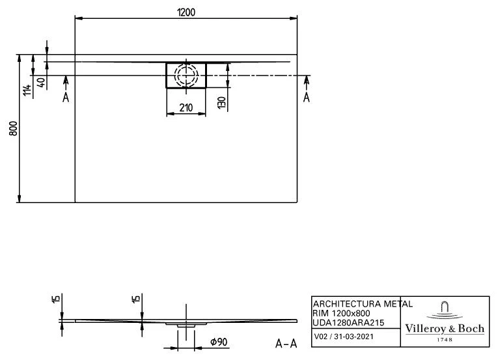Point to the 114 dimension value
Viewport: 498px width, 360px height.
[26, 90]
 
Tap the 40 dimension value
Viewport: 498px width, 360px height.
[40, 83]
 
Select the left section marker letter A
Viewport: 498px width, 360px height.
[66, 98]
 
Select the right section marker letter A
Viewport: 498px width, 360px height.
[306, 98]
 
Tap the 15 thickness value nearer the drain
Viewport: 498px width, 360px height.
[135, 300]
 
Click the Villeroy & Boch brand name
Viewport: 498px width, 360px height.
[445, 329]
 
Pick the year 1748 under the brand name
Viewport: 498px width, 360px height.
[445, 340]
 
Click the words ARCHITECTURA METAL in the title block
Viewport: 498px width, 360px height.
[363, 303]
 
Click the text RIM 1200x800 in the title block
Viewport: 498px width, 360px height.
[342, 312]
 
